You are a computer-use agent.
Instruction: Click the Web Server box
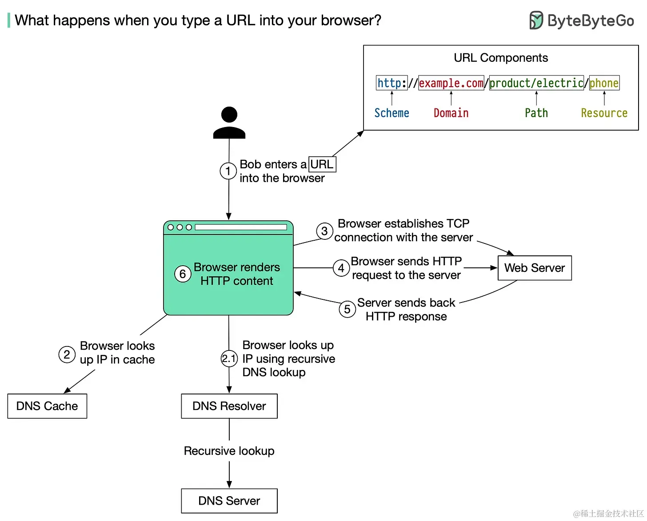pyautogui.click(x=534, y=268)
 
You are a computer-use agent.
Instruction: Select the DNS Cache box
pyautogui.click(x=47, y=406)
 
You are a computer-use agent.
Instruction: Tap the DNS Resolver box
pyautogui.click(x=229, y=406)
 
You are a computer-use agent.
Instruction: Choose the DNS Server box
pyautogui.click(x=229, y=501)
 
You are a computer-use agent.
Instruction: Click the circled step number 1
pyautogui.click(x=228, y=171)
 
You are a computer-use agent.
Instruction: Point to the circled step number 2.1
pyautogui.click(x=229, y=358)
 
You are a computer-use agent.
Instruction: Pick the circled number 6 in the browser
pyautogui.click(x=183, y=274)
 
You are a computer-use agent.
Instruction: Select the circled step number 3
pyautogui.click(x=324, y=231)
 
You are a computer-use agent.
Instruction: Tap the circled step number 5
pyautogui.click(x=347, y=309)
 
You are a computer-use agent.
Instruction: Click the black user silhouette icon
pyautogui.click(x=229, y=123)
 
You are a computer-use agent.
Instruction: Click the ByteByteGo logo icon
pyautogui.click(x=536, y=20)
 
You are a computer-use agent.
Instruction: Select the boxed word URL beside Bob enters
pyautogui.click(x=322, y=164)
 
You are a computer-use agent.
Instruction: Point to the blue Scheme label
pyautogui.click(x=391, y=113)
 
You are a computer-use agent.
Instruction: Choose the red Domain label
pyautogui.click(x=451, y=113)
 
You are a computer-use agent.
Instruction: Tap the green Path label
pyautogui.click(x=536, y=113)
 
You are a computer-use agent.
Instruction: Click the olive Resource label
pyautogui.click(x=604, y=113)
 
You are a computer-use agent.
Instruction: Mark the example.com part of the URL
pyautogui.click(x=451, y=83)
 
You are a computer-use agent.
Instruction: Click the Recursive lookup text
pyautogui.click(x=229, y=451)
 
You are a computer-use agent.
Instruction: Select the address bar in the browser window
pyautogui.click(x=241, y=227)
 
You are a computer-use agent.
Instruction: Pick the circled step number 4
pyautogui.click(x=341, y=268)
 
